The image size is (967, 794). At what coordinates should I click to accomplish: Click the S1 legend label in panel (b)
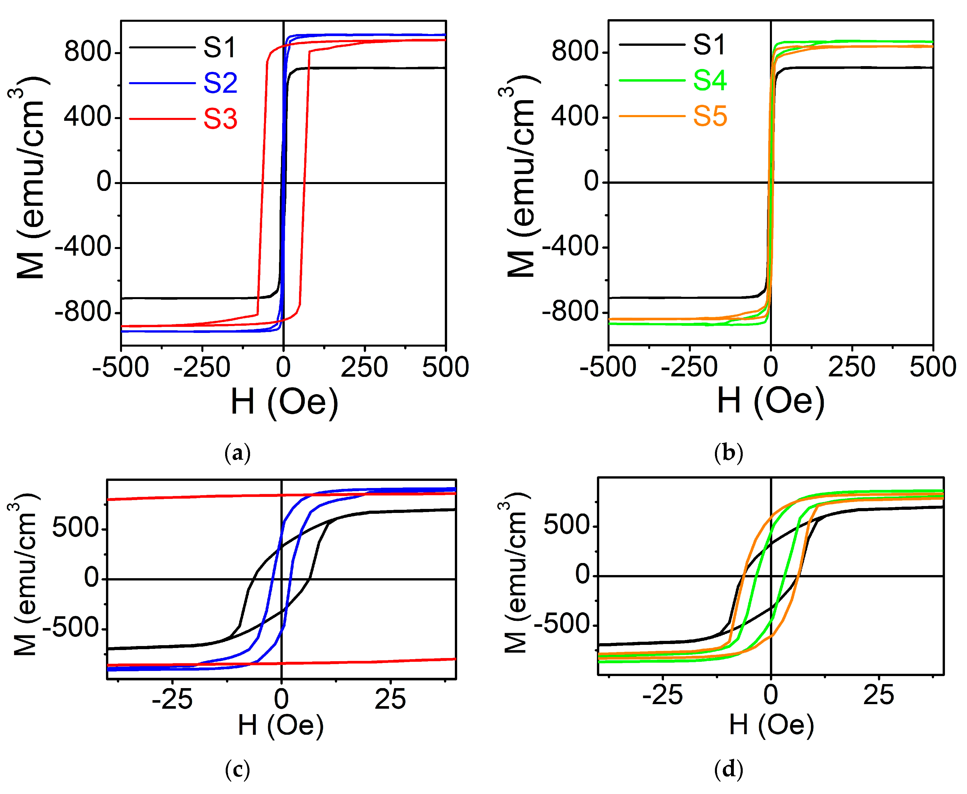point(709,45)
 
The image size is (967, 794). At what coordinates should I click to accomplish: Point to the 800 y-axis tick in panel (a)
point(87,52)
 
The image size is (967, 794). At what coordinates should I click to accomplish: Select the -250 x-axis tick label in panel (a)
point(202,367)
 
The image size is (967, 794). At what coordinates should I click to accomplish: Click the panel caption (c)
point(237,769)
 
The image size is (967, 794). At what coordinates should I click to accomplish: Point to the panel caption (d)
point(728,769)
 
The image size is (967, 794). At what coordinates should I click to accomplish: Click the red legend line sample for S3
point(162,119)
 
